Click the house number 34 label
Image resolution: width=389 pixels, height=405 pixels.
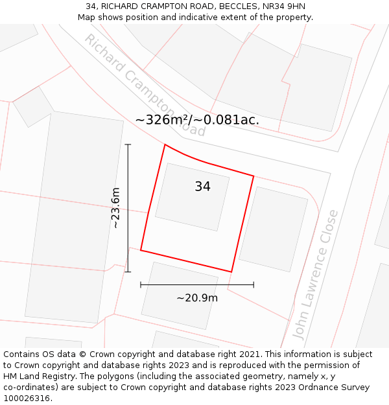202,187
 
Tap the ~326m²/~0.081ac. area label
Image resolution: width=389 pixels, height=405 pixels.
197,120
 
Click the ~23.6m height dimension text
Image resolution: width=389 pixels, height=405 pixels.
115,208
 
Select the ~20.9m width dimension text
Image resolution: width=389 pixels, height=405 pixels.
197,298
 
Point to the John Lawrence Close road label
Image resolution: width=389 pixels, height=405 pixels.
315,274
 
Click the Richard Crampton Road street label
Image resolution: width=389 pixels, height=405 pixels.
145,85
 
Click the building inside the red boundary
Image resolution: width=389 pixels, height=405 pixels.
192,197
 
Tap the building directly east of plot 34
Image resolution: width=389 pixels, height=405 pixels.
273,229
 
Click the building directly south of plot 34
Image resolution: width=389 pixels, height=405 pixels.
180,295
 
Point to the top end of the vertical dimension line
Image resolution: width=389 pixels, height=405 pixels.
128,145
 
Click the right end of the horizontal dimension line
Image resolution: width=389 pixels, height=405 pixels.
253,284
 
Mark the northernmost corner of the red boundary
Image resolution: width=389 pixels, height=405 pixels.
165,145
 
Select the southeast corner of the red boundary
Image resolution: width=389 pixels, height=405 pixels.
231,272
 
